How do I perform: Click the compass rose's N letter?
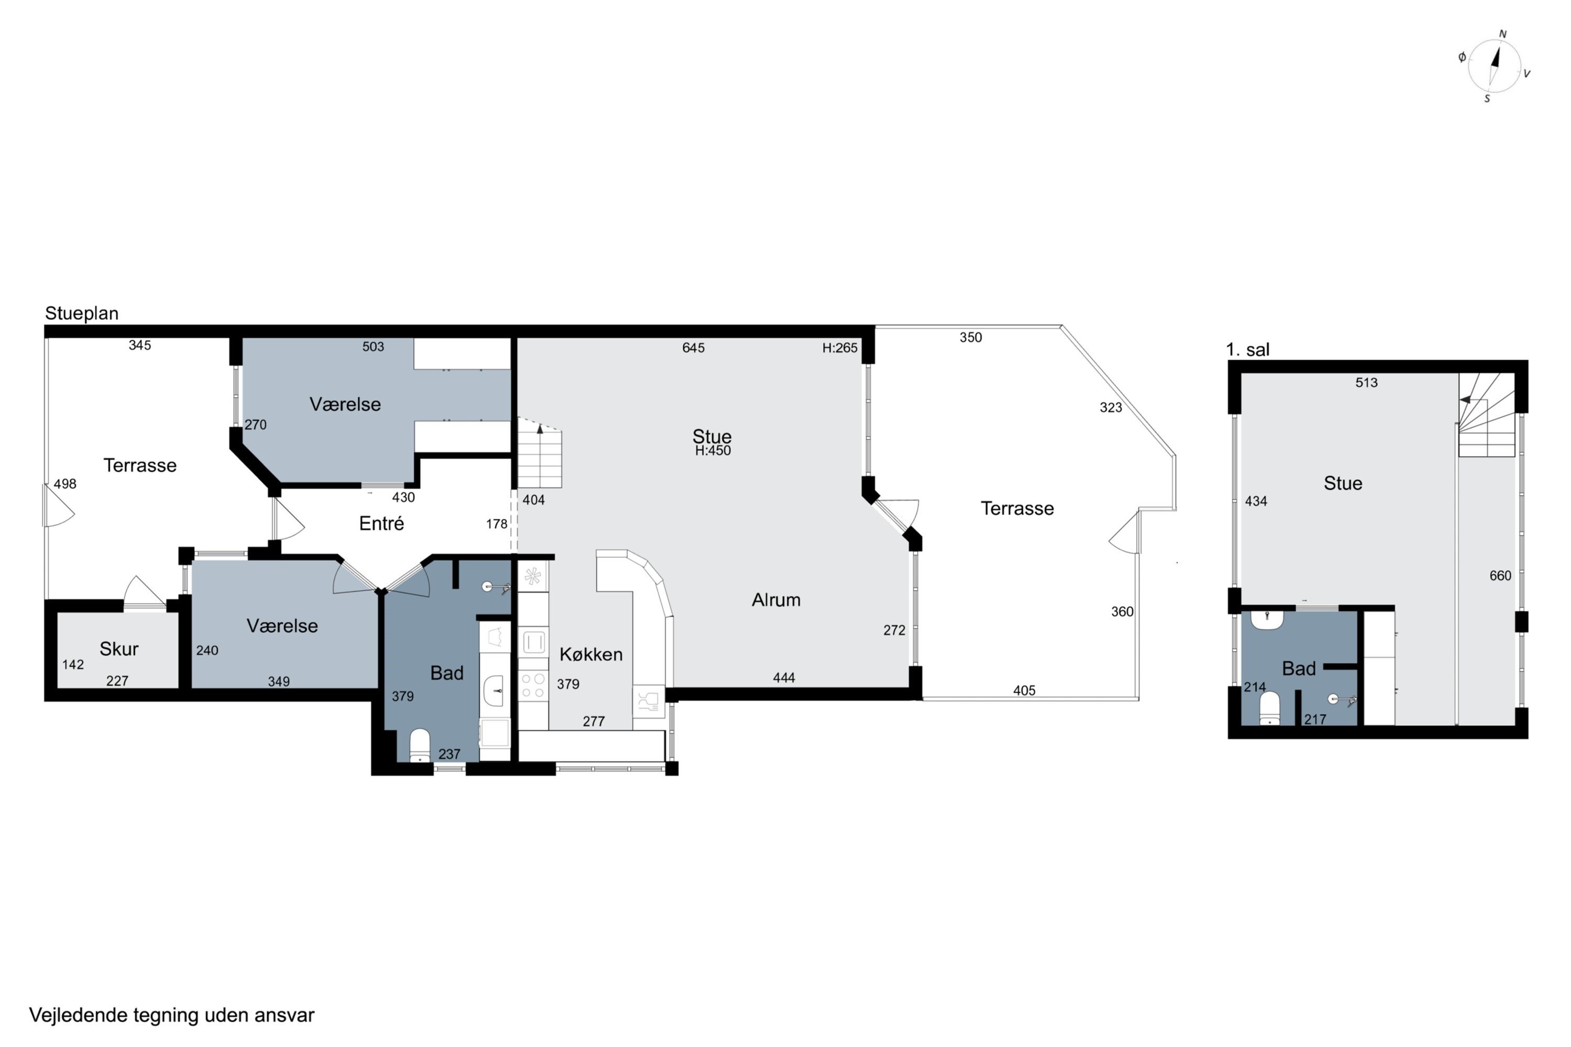click(1503, 34)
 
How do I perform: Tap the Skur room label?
click(119, 649)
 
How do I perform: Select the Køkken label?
click(591, 654)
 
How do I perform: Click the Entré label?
click(381, 523)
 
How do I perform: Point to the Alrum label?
click(776, 599)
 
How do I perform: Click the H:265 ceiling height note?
click(839, 348)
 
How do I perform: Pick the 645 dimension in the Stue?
click(693, 348)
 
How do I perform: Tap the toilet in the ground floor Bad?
click(419, 745)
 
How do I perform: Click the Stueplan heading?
click(82, 313)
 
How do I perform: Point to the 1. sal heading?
click(1248, 349)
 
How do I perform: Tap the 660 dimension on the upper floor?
click(1500, 575)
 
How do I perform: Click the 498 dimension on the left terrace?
click(65, 484)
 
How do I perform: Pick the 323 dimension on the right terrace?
click(1111, 407)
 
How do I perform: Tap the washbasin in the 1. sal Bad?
click(1267, 620)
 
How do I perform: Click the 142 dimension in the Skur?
click(73, 664)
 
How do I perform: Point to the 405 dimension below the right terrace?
click(1024, 690)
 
